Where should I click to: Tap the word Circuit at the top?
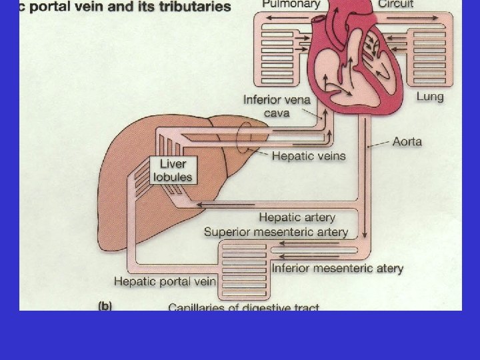click(395, 4)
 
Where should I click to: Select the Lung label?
click(430, 97)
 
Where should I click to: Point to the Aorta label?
click(407, 141)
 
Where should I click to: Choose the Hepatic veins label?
click(309, 156)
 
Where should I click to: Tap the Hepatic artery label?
click(297, 217)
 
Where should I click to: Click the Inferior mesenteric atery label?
click(337, 269)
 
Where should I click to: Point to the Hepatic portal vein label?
click(165, 281)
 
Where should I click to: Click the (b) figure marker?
click(105, 307)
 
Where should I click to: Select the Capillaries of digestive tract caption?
click(243, 307)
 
